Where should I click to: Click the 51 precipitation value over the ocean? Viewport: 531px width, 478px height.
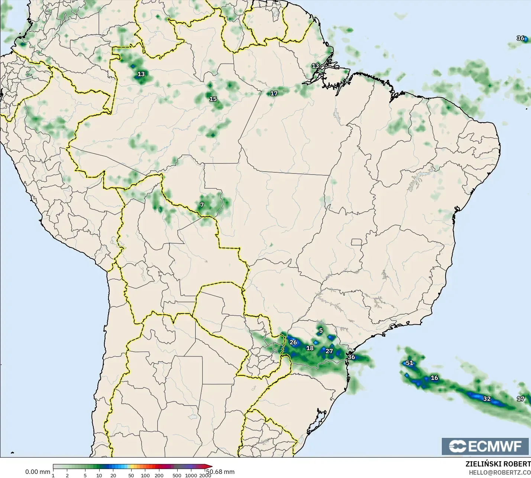point(409,363)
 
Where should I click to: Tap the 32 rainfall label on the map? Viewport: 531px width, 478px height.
point(487,399)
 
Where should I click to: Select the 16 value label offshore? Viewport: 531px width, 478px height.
point(434,378)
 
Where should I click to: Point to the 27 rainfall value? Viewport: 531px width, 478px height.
point(329,351)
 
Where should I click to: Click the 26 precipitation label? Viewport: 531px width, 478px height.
point(293,342)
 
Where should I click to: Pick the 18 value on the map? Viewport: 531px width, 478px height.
point(310,348)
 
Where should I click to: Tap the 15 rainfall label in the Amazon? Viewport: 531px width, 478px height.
point(213,99)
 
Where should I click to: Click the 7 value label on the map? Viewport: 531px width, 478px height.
point(202,205)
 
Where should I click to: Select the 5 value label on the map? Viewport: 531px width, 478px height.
point(321,331)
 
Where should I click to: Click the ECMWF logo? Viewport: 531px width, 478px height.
point(485,446)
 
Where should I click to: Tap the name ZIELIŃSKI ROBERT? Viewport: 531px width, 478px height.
point(498,464)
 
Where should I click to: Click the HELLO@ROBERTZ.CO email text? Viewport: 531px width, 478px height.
point(499,472)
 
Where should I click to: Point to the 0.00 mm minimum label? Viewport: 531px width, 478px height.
point(38,472)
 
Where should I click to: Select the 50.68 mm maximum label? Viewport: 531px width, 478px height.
point(220,472)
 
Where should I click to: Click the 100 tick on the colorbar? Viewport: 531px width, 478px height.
point(145,475)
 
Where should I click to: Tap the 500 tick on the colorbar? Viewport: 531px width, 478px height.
point(177,475)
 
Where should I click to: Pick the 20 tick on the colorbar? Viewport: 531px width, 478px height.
point(113,475)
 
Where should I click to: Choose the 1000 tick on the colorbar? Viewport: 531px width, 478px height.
point(191,475)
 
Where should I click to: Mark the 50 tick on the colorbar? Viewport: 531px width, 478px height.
point(131,475)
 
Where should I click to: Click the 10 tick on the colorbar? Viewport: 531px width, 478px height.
point(99,475)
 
